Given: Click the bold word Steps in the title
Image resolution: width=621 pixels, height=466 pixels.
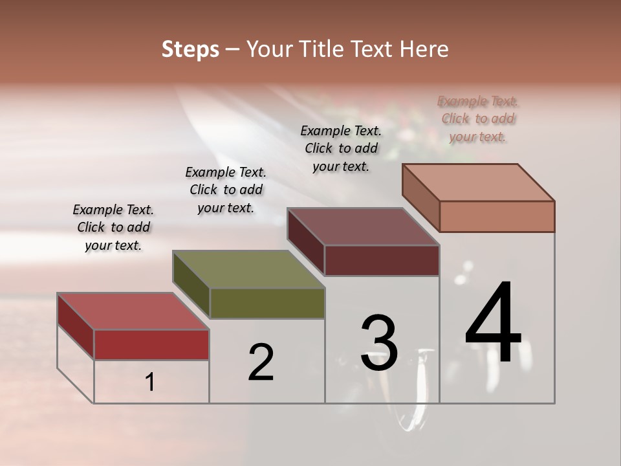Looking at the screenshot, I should coord(190,49).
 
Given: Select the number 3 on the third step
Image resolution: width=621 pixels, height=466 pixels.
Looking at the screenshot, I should coord(379,343).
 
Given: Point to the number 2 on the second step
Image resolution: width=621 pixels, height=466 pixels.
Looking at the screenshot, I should coord(261,362).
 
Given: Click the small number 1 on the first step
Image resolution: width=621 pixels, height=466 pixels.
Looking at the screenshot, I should coord(150,383).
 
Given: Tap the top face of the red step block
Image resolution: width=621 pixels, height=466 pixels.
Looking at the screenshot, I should coord(133,311).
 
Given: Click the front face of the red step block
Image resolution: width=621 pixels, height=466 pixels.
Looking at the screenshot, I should coord(151,344).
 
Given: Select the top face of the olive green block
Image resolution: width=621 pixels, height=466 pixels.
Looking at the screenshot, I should coord(248,269).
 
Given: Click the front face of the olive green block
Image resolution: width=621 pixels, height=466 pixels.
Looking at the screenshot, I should coord(267,303).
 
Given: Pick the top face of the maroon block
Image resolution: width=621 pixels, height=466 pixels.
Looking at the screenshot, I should coord(363,226).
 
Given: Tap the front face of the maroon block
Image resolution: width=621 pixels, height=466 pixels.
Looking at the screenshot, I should coord(382,260).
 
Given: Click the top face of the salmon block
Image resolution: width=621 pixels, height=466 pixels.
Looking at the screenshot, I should coord(479,182).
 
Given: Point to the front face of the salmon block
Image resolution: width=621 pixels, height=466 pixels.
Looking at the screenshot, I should coord(497,216).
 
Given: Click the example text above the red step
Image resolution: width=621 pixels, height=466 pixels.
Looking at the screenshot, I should coord(113,227).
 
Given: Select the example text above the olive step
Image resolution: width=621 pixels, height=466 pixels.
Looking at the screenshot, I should coord(226,190).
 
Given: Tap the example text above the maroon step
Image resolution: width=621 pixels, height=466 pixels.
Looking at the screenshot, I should coord(341,148).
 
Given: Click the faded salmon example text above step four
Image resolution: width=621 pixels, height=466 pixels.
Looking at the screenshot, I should coord(477,118).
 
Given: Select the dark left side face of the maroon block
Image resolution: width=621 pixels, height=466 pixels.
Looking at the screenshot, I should coord(305,241).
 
